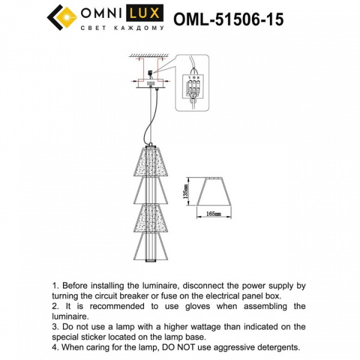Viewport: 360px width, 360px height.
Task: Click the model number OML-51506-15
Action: click(228, 20)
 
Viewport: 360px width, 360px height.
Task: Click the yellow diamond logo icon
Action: click(61, 19)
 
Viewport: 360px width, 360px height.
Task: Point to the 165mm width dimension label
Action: click(214, 214)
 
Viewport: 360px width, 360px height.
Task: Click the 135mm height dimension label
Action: click(186, 191)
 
